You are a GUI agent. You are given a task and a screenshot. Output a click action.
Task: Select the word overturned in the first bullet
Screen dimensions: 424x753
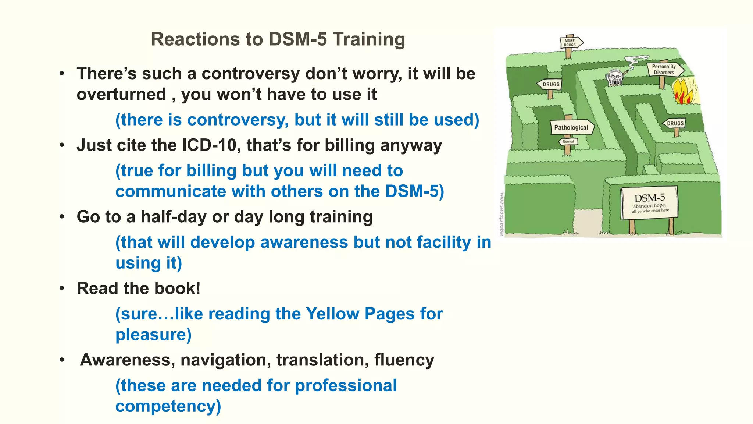pyautogui.click(x=121, y=94)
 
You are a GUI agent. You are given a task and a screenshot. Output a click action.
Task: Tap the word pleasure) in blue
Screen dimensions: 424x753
pyautogui.click(x=153, y=335)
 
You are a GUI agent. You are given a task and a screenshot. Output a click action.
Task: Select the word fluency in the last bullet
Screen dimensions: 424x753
pyautogui.click(x=404, y=360)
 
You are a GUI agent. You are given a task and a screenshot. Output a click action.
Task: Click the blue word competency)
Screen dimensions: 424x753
pyautogui.click(x=168, y=406)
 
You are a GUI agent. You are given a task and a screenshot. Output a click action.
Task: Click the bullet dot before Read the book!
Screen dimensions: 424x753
pyautogui.click(x=62, y=289)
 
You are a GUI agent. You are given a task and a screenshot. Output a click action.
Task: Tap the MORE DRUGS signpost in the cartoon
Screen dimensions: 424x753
pyautogui.click(x=570, y=43)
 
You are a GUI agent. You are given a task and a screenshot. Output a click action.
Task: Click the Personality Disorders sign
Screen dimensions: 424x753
pyautogui.click(x=664, y=69)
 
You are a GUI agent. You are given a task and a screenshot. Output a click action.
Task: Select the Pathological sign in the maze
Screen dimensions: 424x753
pyautogui.click(x=571, y=127)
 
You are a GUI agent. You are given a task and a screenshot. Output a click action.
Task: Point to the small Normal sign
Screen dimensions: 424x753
pyautogui.click(x=568, y=141)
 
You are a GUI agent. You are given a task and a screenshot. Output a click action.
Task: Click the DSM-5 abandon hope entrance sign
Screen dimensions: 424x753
pyautogui.click(x=649, y=203)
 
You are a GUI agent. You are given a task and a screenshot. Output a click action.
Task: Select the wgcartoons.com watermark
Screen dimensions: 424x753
pyautogui.click(x=502, y=214)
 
